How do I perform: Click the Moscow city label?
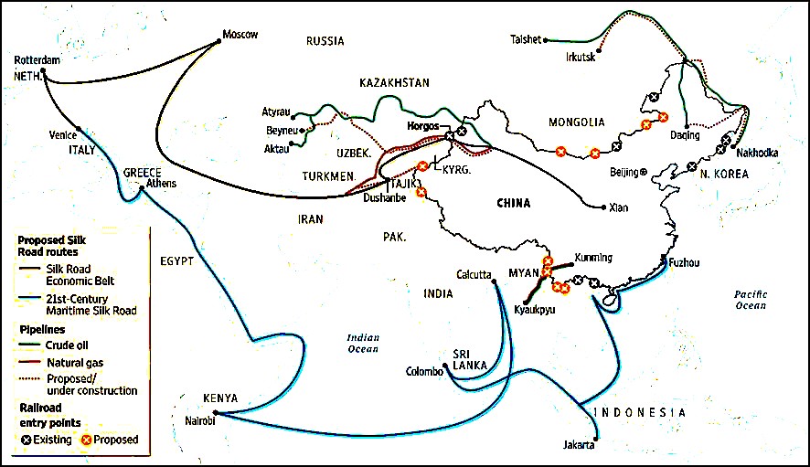(240, 35)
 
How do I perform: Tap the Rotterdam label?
(37, 60)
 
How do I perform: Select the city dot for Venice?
(80, 129)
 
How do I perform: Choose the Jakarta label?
(579, 446)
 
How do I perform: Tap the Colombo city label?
(424, 371)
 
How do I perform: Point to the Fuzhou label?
(684, 262)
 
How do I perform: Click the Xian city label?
(619, 207)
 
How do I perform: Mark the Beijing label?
(625, 172)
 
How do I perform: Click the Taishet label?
(528, 39)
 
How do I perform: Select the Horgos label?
(422, 126)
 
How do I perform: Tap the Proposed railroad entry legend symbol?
(80, 440)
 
